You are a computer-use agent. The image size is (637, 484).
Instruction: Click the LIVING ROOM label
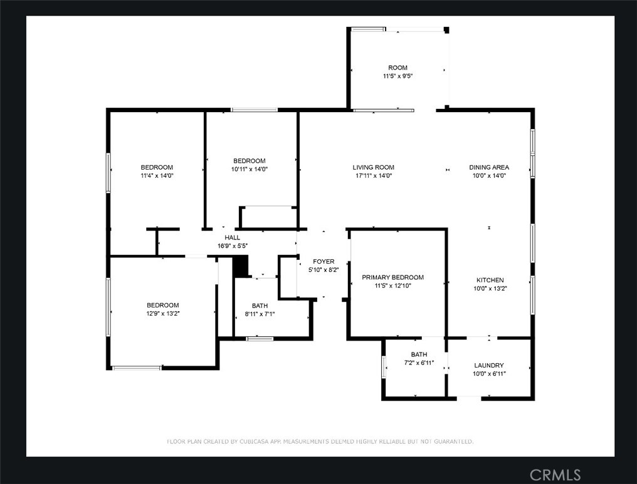[373, 167]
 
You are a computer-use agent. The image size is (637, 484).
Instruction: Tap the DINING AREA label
[489, 167]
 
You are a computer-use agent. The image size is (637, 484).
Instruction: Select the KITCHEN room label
[489, 280]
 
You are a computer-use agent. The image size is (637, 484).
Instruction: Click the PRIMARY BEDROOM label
[392, 277]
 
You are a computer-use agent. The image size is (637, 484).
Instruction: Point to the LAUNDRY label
[489, 365]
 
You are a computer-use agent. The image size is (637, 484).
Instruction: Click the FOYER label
[324, 261]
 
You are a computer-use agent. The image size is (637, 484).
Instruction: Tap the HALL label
[232, 237]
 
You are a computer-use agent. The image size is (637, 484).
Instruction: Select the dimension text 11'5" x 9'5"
[397, 76]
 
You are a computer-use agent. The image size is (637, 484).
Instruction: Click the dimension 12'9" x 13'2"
[163, 313]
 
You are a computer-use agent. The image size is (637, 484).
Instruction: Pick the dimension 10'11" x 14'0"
[249, 169]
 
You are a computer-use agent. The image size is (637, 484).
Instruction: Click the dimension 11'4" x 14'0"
[157, 176]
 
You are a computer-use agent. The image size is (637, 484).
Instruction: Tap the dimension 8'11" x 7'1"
[260, 314]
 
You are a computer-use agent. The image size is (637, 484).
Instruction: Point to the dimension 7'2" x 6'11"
[419, 363]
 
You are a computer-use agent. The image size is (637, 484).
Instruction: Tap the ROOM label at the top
[397, 68]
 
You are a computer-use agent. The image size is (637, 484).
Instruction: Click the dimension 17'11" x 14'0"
[373, 176]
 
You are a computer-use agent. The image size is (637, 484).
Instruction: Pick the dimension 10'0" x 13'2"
[489, 289]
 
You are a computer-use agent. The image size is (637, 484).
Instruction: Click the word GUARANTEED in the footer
[451, 441]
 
